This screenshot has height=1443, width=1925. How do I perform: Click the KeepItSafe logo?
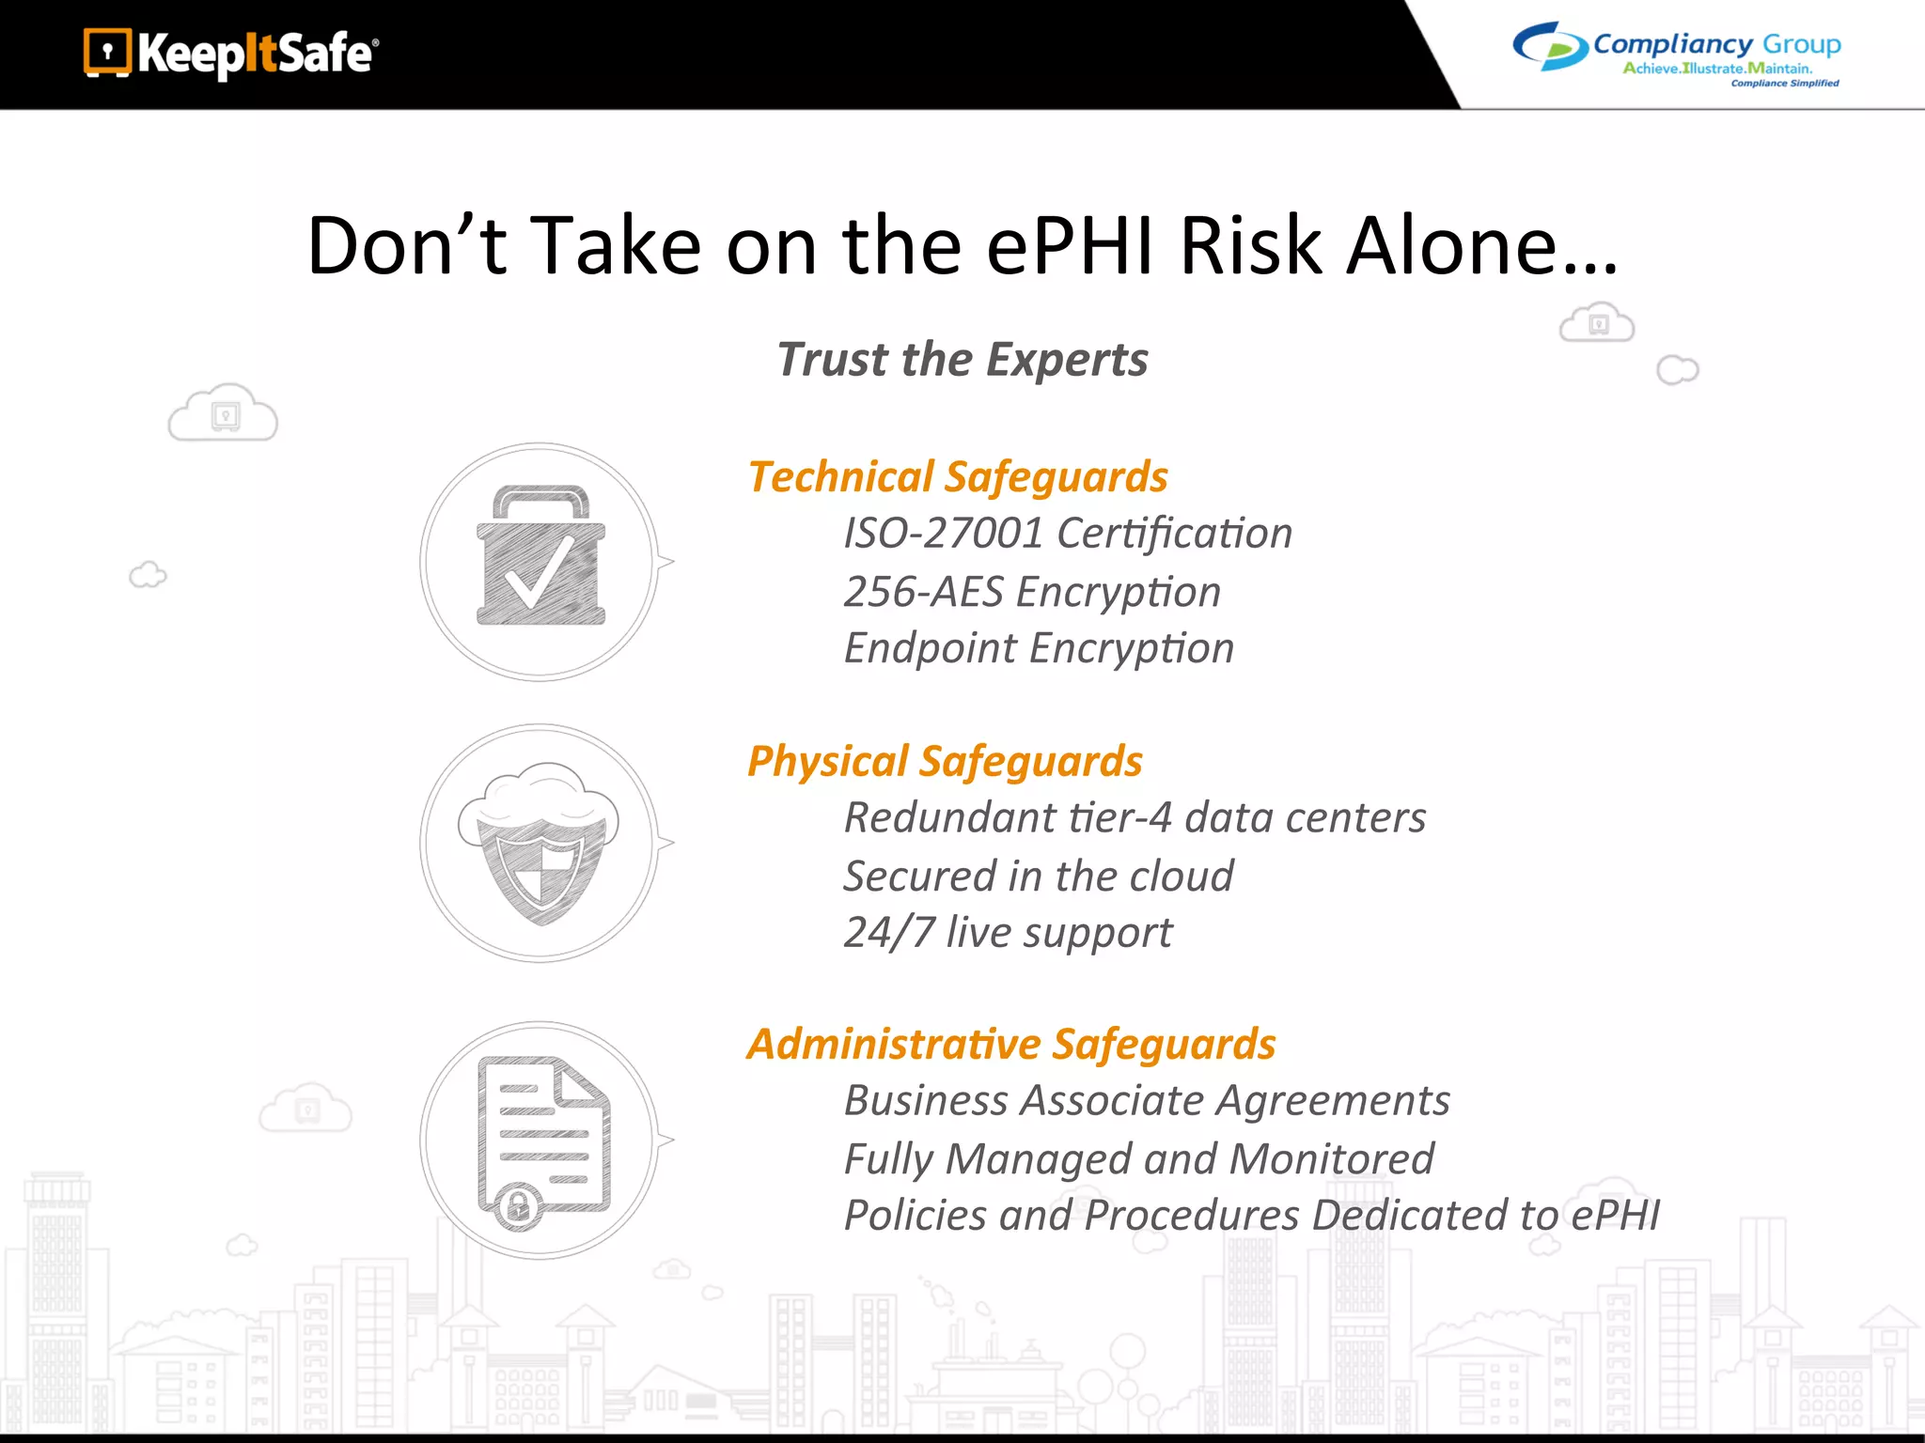click(x=231, y=54)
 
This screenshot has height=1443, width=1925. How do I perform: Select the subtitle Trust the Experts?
click(x=962, y=360)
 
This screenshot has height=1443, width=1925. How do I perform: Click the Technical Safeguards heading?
click(x=957, y=477)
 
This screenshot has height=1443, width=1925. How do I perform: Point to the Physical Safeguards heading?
click(x=944, y=761)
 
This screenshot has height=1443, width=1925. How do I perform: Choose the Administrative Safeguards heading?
click(x=1010, y=1045)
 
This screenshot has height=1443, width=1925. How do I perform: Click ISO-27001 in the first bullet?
click(x=943, y=534)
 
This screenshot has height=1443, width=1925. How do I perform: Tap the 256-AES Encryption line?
click(x=1031, y=592)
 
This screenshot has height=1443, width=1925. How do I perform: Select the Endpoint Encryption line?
click(x=1038, y=648)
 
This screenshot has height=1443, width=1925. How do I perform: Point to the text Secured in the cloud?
click(x=1038, y=877)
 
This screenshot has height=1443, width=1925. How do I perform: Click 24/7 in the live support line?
click(x=889, y=933)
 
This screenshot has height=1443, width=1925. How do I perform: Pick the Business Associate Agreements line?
click(x=1146, y=1101)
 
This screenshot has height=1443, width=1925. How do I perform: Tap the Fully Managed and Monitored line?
click(x=1138, y=1159)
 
